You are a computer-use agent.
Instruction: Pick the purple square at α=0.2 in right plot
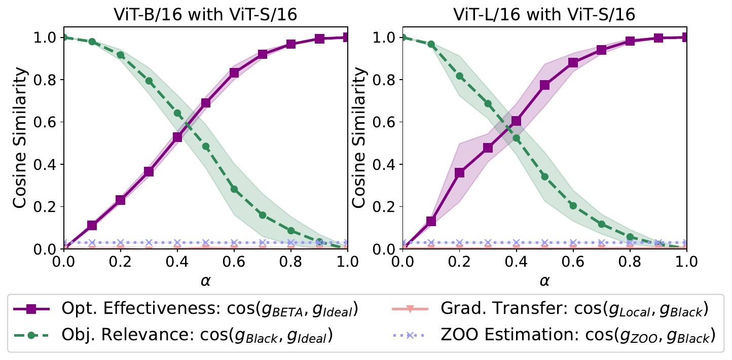pos(460,173)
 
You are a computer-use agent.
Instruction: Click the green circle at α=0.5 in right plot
pos(545,176)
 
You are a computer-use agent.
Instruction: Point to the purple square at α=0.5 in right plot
pos(545,85)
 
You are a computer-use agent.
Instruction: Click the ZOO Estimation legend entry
pos(553,335)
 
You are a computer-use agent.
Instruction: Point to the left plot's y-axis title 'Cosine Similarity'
pos(20,142)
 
